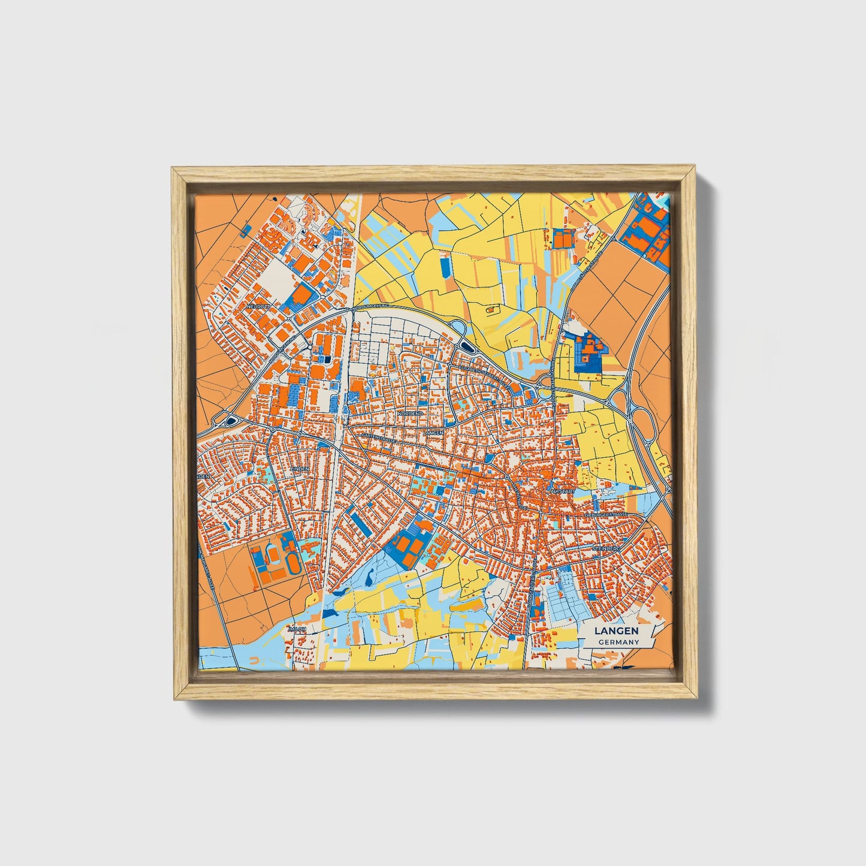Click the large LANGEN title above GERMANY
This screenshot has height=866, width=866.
(617, 631)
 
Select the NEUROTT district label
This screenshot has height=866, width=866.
(259, 306)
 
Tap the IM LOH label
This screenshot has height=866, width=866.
(297, 629)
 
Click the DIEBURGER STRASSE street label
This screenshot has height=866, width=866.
(608, 514)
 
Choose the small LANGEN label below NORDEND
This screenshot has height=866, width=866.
(433, 432)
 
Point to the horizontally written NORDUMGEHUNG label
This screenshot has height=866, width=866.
(372, 306)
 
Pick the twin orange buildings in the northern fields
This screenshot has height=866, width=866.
(563, 239)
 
